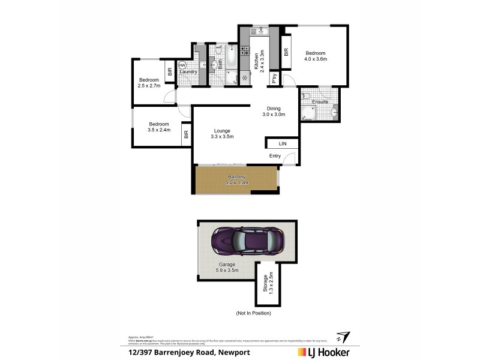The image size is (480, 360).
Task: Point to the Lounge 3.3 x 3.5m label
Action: pyautogui.click(x=221, y=133)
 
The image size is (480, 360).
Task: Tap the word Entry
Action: pyautogui.click(x=275, y=156)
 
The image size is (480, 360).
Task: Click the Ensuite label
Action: pyautogui.click(x=320, y=102)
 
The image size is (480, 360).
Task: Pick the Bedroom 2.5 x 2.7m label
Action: pyautogui.click(x=149, y=83)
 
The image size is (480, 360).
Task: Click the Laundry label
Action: pyautogui.click(x=188, y=72)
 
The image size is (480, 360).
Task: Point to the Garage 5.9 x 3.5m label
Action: pyautogui.click(x=226, y=267)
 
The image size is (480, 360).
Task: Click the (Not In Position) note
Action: pyautogui.click(x=254, y=313)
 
